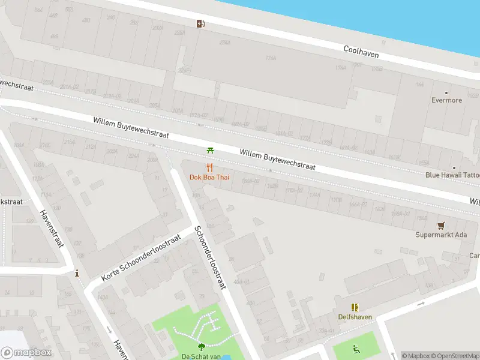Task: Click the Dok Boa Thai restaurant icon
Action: (209, 167)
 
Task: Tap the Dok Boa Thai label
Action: (209, 177)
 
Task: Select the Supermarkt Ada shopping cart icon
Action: (441, 225)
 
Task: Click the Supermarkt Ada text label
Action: (441, 235)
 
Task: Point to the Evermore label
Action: (447, 100)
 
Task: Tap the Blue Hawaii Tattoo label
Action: (452, 175)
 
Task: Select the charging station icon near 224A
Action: (200, 23)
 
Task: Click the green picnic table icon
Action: (209, 150)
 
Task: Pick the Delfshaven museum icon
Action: (355, 307)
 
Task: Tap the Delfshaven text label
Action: (355, 317)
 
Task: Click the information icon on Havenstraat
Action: (77, 274)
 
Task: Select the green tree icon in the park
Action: (201, 346)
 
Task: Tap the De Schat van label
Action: (202, 356)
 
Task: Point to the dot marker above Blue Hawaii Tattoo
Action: (454, 168)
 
